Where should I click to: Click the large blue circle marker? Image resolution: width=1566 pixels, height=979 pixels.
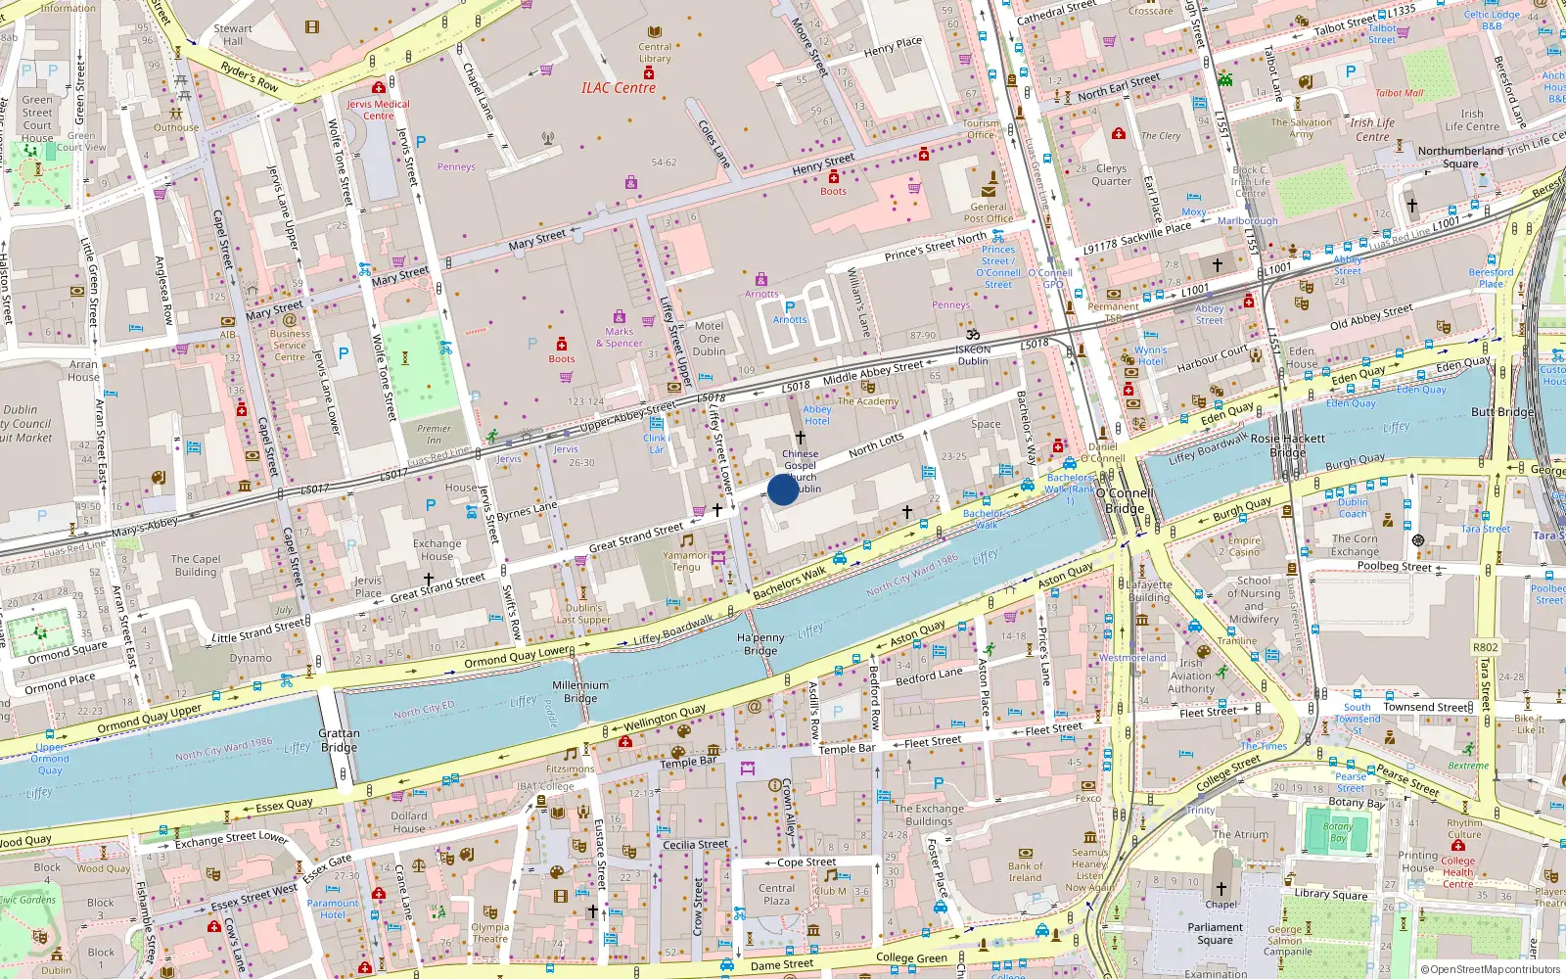coord(783,489)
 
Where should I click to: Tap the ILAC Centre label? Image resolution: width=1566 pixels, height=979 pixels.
coord(619,88)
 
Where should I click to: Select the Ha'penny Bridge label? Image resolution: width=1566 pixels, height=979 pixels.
coord(760,644)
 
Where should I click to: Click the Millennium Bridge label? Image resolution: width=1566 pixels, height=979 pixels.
coord(580,692)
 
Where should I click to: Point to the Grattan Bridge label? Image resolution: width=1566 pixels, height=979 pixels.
coord(339,740)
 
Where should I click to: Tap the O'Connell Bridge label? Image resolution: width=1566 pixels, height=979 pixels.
coord(1126,501)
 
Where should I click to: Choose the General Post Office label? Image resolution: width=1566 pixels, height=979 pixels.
coord(989,212)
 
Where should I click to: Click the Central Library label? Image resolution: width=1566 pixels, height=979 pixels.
coord(655,53)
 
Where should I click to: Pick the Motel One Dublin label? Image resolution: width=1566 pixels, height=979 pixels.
coord(709,339)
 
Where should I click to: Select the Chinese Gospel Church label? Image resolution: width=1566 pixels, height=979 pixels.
coord(801,465)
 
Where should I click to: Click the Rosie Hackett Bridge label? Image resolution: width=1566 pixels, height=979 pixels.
coord(1288,445)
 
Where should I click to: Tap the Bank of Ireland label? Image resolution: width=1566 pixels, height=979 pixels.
coord(1025,871)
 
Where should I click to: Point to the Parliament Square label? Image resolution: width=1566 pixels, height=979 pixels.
coord(1215,933)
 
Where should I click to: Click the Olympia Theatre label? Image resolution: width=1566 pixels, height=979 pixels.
coord(489,932)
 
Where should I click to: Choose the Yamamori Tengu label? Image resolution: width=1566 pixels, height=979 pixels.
coord(686,561)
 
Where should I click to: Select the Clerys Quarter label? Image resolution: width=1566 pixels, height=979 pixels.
coord(1111,174)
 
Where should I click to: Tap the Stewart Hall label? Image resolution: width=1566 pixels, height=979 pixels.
coord(233,35)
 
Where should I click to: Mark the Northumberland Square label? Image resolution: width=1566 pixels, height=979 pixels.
coord(1460,157)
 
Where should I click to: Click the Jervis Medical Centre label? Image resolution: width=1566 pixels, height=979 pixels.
coord(378,110)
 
